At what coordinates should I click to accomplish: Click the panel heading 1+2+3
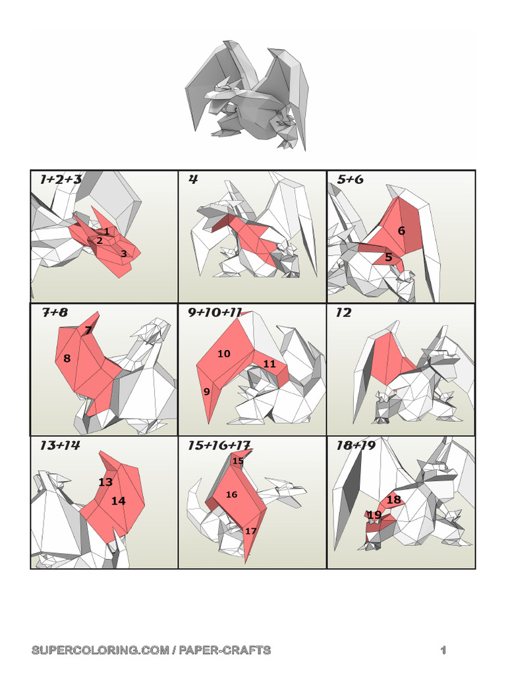[61, 179]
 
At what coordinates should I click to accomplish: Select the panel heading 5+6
[350, 179]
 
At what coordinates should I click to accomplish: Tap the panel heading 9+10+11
[215, 313]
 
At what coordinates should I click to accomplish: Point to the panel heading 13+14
[59, 446]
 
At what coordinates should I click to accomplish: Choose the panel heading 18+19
[356, 446]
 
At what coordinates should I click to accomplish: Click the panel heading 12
[343, 313]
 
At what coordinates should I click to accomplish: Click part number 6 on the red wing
[401, 231]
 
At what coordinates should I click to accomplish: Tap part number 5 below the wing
[389, 257]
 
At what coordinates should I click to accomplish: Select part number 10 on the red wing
[224, 354]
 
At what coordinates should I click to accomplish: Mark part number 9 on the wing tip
[207, 392]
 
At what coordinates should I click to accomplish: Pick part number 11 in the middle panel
[269, 364]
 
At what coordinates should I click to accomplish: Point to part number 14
[118, 501]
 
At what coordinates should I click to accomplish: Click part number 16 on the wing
[231, 494]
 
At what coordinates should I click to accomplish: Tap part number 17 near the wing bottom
[251, 531]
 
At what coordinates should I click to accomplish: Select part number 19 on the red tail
[374, 515]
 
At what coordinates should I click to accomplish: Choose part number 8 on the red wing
[67, 359]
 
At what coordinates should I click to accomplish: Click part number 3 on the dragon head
[123, 253]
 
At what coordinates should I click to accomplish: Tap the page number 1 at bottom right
[444, 651]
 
